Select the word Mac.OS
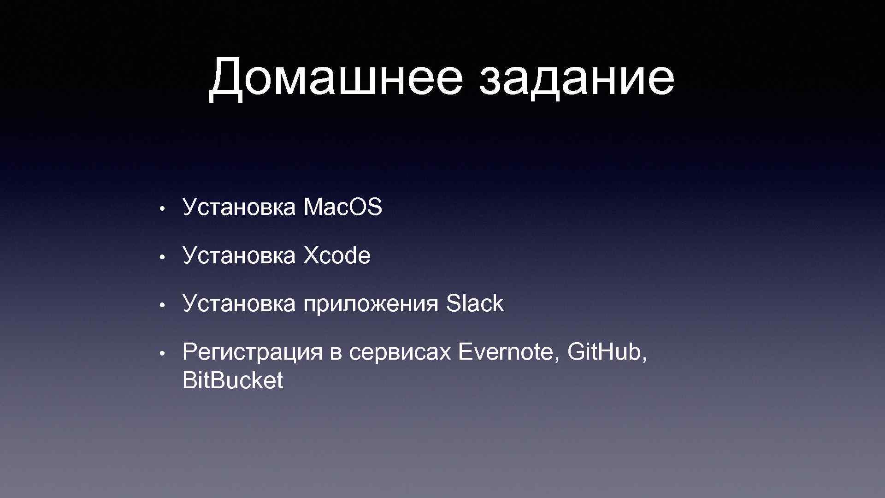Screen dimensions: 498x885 (x=342, y=207)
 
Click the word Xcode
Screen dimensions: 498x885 (x=336, y=255)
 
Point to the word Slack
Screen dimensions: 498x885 (x=474, y=304)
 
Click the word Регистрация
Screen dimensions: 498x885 (x=252, y=353)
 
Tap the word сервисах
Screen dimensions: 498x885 (x=400, y=353)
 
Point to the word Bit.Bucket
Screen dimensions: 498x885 (x=233, y=381)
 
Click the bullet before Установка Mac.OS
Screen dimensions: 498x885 (x=161, y=208)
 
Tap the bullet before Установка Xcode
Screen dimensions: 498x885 (x=161, y=256)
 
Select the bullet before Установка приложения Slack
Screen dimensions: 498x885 (x=161, y=305)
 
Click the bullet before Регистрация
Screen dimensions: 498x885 (x=161, y=353)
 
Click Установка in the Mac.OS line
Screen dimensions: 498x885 (x=239, y=207)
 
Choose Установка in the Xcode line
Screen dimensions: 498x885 (x=239, y=255)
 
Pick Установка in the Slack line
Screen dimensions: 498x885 (x=239, y=304)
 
